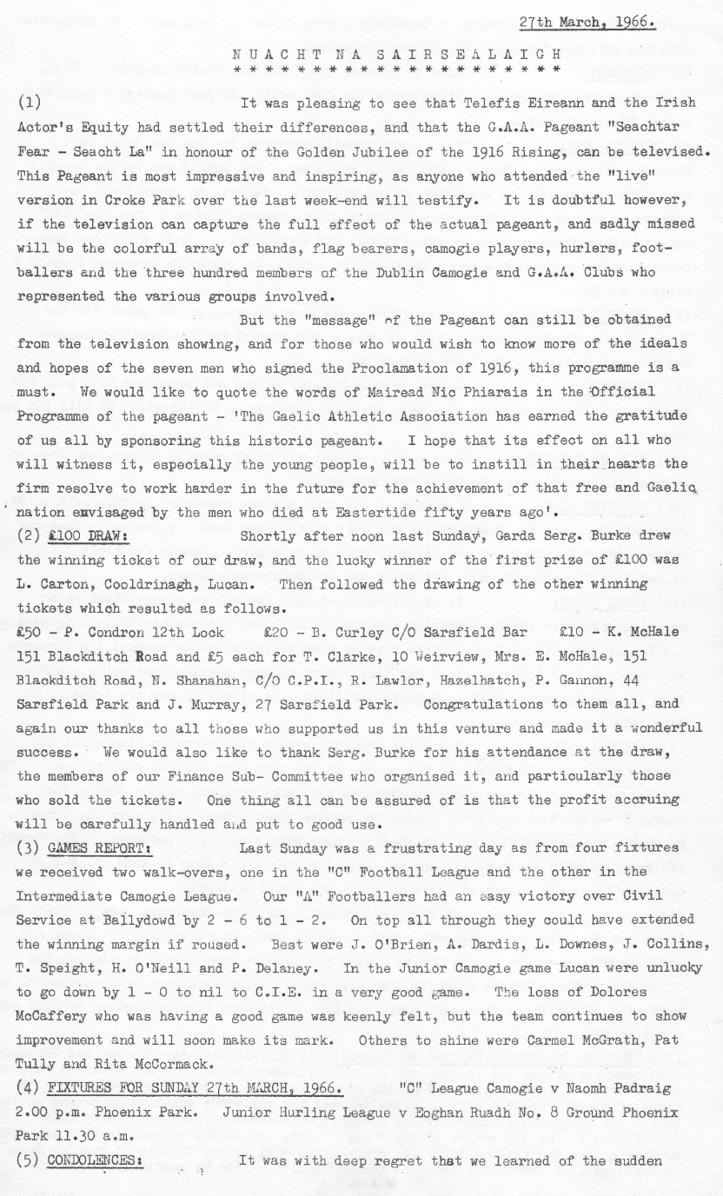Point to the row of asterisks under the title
tap(397, 69)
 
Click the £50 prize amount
tap(32, 632)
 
